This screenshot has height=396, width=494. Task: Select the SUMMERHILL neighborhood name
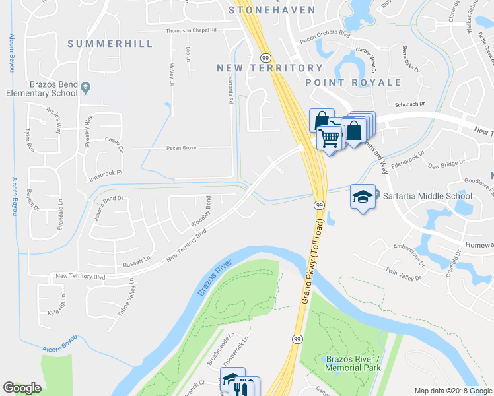(110, 44)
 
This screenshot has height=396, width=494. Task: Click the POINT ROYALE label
(353, 82)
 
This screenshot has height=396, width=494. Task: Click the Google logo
(22, 388)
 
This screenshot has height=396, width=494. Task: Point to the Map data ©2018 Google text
(452, 391)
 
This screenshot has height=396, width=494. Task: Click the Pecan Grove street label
(182, 148)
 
